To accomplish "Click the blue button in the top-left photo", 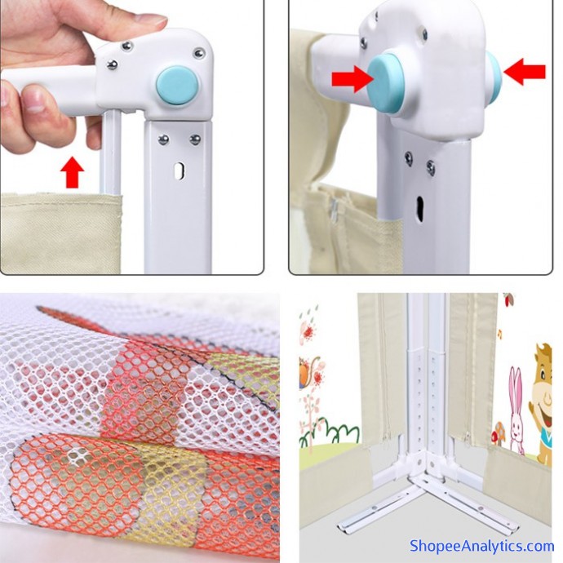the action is tap(177, 86).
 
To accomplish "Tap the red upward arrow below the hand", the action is tap(72, 172).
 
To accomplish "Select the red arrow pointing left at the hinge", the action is tap(525, 72).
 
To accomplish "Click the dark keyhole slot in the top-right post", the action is tap(420, 206).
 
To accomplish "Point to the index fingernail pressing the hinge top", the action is tap(153, 21).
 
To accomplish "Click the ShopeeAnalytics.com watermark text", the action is tap(481, 546).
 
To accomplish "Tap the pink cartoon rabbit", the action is tap(517, 410).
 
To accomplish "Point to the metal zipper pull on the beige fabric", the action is tap(334, 209).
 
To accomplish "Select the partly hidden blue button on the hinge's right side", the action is tap(494, 75).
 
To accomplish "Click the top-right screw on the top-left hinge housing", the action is tap(198, 54).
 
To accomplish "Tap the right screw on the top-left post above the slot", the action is tap(195, 140).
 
